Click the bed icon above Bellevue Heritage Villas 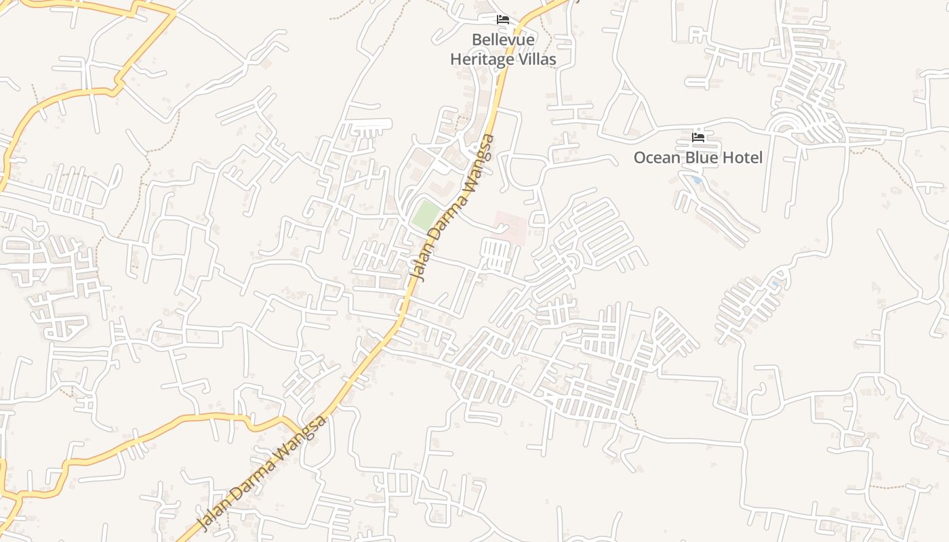pos(503,20)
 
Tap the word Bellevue pos(503,40)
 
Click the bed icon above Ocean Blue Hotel pos(698,138)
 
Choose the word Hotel pos(742,158)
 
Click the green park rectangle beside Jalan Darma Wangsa pos(426,215)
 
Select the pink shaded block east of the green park pos(510,227)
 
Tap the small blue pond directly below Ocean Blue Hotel pos(697,180)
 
